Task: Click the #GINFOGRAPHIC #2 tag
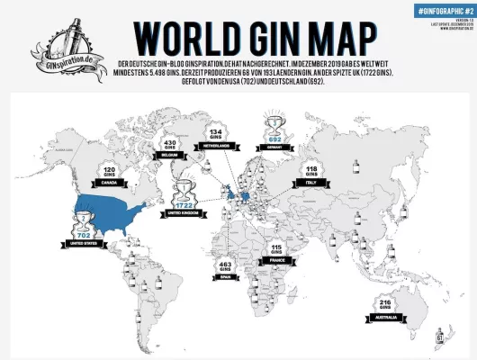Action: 443,9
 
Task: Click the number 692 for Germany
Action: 274,139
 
